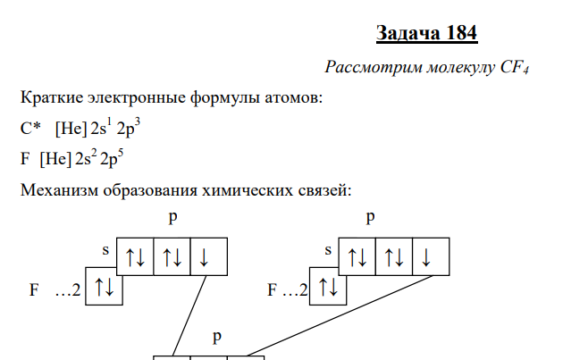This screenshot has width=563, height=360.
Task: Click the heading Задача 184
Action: (427, 33)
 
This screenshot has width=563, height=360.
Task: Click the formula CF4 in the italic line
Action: (514, 69)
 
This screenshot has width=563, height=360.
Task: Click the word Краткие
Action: (51, 97)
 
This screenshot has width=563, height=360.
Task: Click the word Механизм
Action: (59, 191)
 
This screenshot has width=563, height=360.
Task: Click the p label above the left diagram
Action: (172, 218)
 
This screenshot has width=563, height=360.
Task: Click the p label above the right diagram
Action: (370, 218)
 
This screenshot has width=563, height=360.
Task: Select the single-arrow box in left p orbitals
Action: (207, 257)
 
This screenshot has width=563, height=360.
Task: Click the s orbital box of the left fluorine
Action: (103, 287)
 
